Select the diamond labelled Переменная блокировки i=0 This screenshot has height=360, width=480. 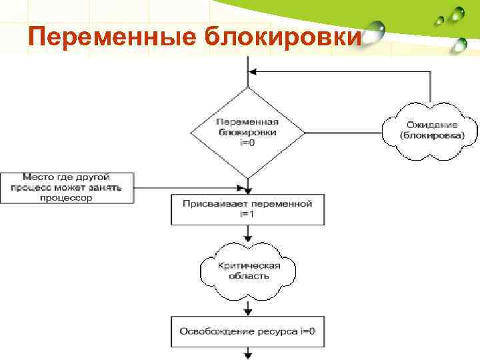pyautogui.click(x=248, y=133)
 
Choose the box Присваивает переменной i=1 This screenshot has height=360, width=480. pyautogui.click(x=247, y=209)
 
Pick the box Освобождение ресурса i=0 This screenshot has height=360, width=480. pyautogui.click(x=247, y=331)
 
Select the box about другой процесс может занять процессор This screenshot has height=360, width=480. pyautogui.click(x=67, y=188)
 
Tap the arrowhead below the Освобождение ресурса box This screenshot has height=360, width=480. pyautogui.click(x=248, y=354)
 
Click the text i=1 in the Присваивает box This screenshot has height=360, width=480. pyautogui.click(x=247, y=214)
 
